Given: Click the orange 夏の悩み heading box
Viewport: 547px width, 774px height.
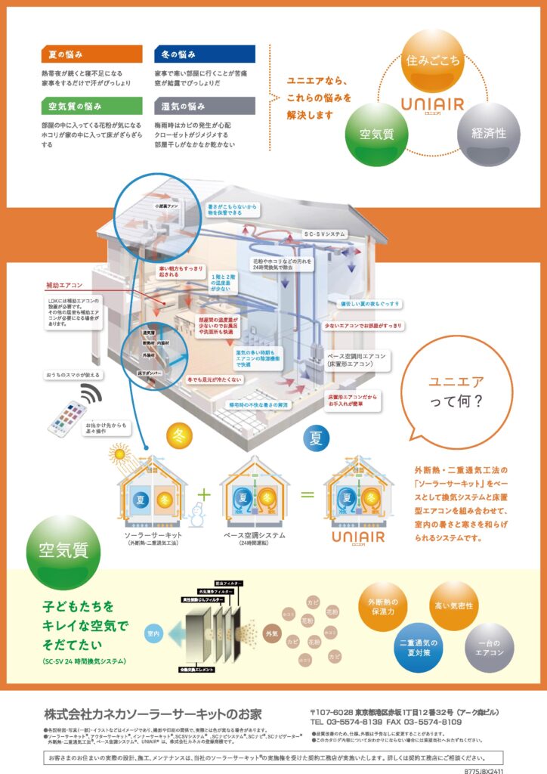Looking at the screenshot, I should pos(91,54).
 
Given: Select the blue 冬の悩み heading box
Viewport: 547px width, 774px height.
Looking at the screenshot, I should pos(204,54).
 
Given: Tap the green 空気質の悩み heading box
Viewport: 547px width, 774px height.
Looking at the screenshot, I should pos(91,106).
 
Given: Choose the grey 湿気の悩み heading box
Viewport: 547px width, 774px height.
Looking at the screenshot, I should pos(204,106).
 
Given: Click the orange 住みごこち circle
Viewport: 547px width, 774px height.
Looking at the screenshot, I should pos(432,60).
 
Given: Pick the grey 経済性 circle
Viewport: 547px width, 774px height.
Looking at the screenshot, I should pos(489,132).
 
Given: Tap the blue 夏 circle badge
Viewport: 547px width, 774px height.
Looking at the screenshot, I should pos(316,438).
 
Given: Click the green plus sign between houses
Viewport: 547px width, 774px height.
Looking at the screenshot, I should pos(202,494).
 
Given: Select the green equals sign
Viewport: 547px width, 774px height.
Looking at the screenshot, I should pos(307,495).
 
